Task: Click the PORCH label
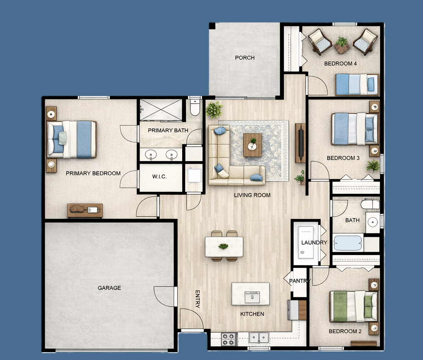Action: pos(245,58)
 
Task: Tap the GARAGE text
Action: pos(109,288)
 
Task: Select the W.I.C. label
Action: pos(159,177)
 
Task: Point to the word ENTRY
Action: pos(197,299)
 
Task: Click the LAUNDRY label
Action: pos(314,243)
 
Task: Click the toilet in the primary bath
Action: pos(195,107)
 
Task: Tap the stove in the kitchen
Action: pos(228,339)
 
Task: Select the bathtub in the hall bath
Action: pos(348,243)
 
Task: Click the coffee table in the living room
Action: pos(252,145)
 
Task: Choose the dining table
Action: pos(224,246)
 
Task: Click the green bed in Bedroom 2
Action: pos(354,306)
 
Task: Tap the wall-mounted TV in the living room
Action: pos(300,143)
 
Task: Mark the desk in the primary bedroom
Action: pos(85,210)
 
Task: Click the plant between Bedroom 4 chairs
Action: pos(342,45)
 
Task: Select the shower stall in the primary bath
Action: pos(161,109)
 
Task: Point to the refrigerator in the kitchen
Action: pos(297,310)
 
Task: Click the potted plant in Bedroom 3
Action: pos(373,165)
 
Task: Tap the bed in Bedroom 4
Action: pos(357,84)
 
